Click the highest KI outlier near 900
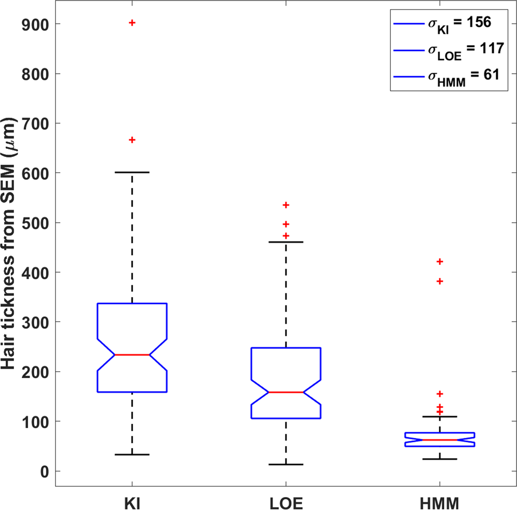[132, 23]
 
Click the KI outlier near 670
[132, 140]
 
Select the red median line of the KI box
[132, 355]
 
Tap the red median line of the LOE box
[285, 392]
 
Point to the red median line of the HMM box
[440, 440]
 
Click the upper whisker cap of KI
[132, 172]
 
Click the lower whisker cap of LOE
[285, 464]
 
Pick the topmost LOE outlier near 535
[285, 205]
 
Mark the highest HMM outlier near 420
[440, 261]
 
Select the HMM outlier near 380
[440, 281]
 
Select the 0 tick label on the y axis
[45, 471]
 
